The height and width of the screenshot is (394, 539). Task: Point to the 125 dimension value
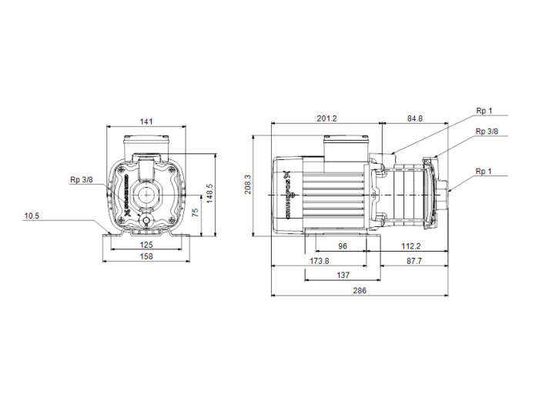coord(146,245)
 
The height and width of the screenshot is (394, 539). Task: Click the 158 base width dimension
coord(146,256)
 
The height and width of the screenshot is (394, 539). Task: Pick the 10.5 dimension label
coord(32,216)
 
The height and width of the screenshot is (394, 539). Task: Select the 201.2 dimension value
coord(327,119)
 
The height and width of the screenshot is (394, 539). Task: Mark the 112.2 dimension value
coord(410,246)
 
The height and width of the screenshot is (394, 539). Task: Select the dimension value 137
coord(344,275)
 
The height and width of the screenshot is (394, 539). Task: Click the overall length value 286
coord(359,290)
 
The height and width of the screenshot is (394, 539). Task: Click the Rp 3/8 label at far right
coord(487,132)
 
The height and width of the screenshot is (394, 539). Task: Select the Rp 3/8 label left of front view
coord(81,179)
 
